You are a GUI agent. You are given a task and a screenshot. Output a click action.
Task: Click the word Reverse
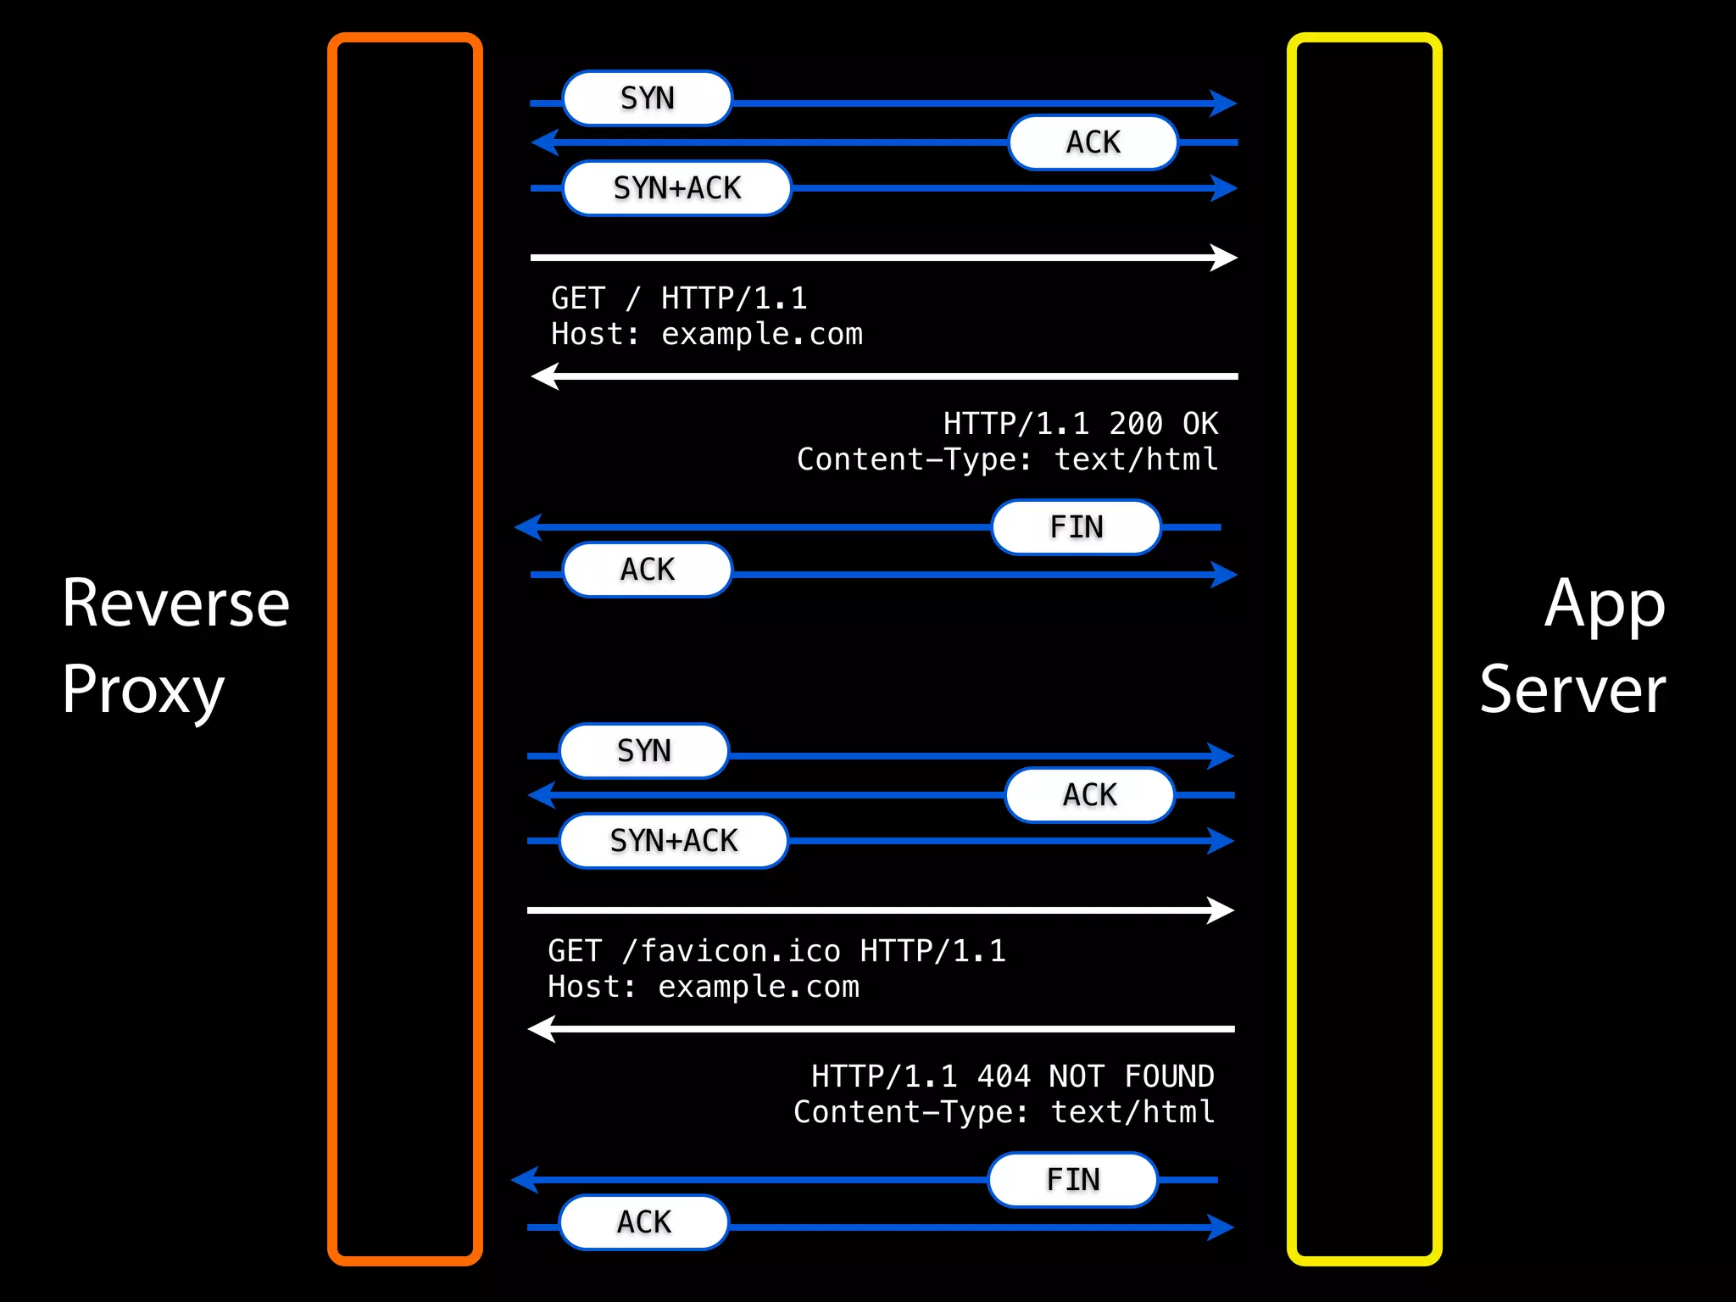pyautogui.click(x=175, y=603)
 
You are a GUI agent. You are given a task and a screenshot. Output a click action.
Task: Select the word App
pyautogui.click(x=1605, y=604)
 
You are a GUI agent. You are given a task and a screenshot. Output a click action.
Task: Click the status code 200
pyautogui.click(x=1136, y=424)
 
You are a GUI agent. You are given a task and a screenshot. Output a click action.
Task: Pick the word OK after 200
pyautogui.click(x=1200, y=424)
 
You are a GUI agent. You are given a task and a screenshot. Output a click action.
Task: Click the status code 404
pyautogui.click(x=1004, y=1077)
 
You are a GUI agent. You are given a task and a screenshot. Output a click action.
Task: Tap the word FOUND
pyautogui.click(x=1169, y=1077)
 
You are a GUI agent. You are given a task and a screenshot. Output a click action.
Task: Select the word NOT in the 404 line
pyautogui.click(x=1077, y=1077)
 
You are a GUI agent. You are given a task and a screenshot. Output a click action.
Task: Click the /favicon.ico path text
pyautogui.click(x=731, y=951)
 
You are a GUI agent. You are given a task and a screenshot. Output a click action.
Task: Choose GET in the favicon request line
pyautogui.click(x=575, y=951)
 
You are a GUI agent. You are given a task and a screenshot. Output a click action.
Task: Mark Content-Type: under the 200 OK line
pyautogui.click(x=914, y=459)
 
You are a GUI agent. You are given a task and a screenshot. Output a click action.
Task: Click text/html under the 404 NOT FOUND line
pyautogui.click(x=1132, y=1112)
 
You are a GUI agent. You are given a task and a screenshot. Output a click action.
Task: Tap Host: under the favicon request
pyautogui.click(x=591, y=987)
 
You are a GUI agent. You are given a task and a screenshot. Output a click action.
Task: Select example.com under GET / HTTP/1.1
pyautogui.click(x=761, y=334)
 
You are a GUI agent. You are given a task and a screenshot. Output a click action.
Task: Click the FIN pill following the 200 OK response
pyautogui.click(x=1076, y=527)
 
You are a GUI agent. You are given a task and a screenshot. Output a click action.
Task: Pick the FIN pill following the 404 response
pyautogui.click(x=1072, y=1180)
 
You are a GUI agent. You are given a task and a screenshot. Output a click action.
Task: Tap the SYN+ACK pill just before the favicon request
pyautogui.click(x=674, y=841)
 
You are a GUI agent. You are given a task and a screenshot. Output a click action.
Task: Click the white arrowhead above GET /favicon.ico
pyautogui.click(x=1221, y=910)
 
